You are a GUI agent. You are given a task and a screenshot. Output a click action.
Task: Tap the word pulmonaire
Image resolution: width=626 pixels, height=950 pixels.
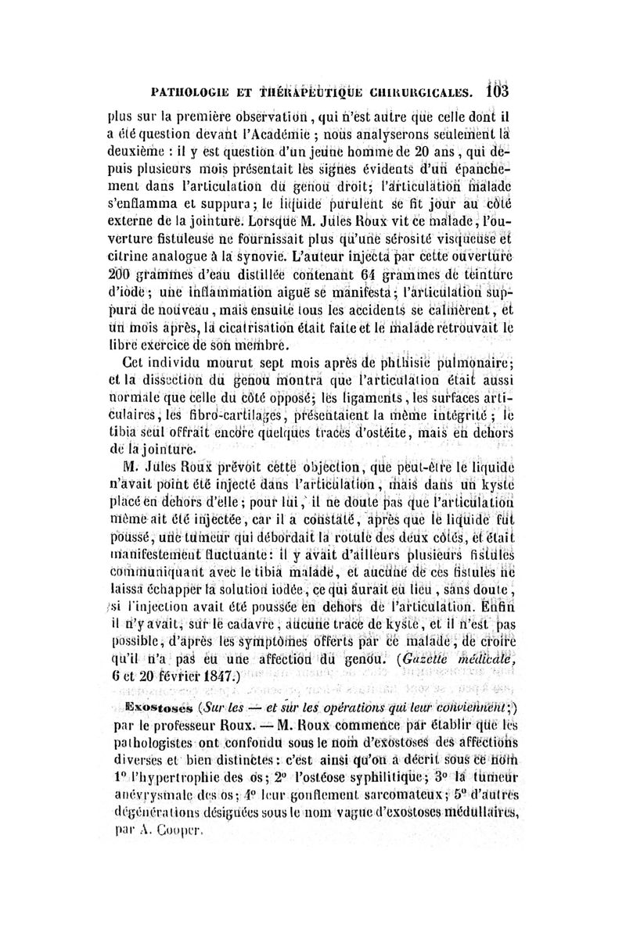point(477,361)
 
